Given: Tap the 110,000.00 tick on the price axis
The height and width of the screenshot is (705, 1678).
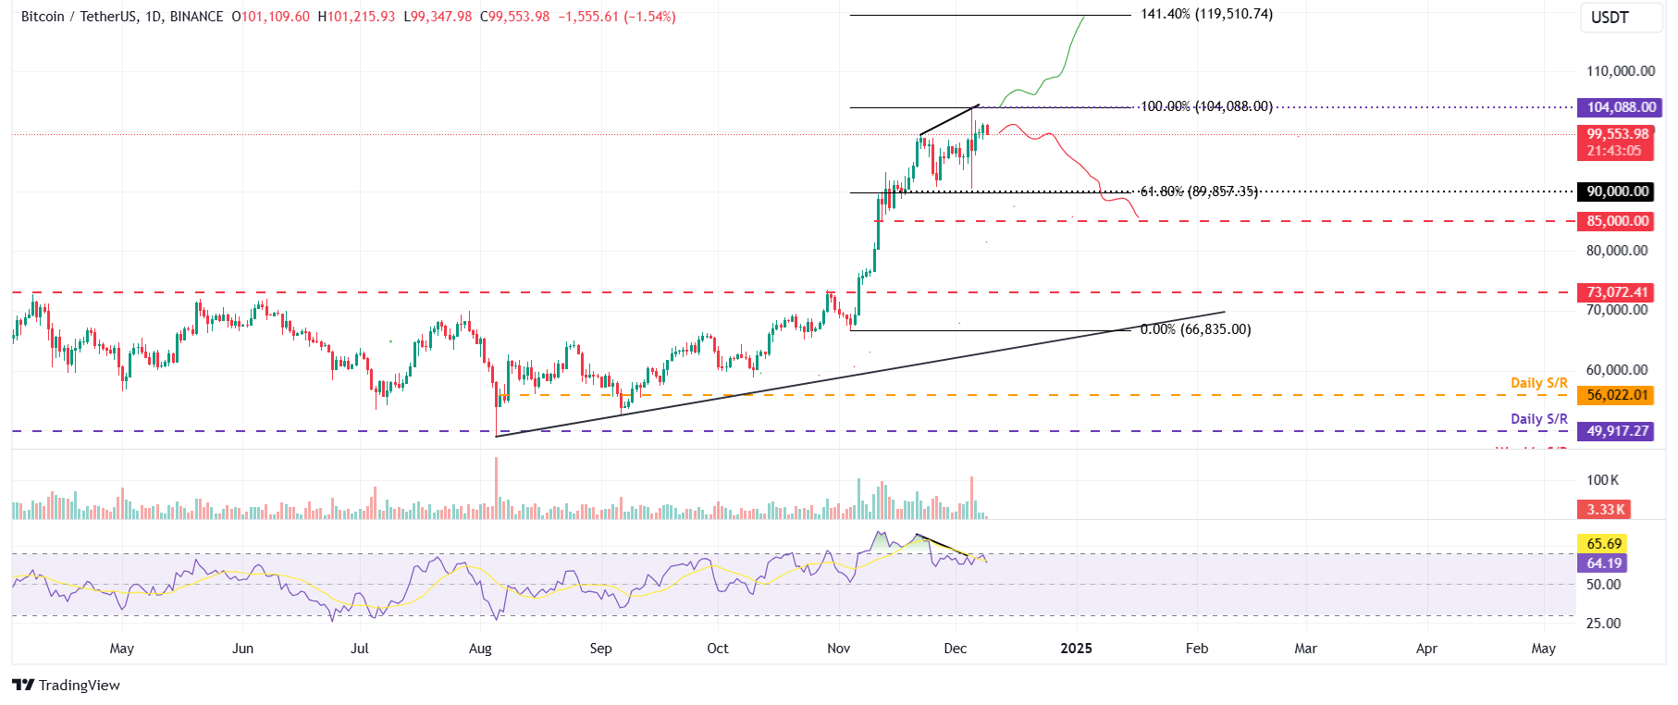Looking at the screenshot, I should [1620, 71].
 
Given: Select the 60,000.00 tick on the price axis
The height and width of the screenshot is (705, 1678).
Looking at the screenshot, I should [1616, 370].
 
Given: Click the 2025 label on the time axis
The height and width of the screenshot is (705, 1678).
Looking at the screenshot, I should [1076, 649].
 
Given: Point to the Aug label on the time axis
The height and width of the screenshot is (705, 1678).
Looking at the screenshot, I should [480, 649].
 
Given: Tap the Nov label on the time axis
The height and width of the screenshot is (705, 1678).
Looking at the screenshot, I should [838, 649].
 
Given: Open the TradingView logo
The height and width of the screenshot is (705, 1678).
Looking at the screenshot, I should [67, 686].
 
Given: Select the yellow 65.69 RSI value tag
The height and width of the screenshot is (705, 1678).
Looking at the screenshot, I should [1604, 544].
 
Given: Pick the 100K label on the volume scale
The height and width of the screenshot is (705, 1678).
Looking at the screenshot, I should [1602, 480].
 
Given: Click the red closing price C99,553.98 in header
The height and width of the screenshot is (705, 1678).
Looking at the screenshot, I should [514, 18].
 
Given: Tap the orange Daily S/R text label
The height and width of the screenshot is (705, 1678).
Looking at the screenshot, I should [1538, 383].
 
